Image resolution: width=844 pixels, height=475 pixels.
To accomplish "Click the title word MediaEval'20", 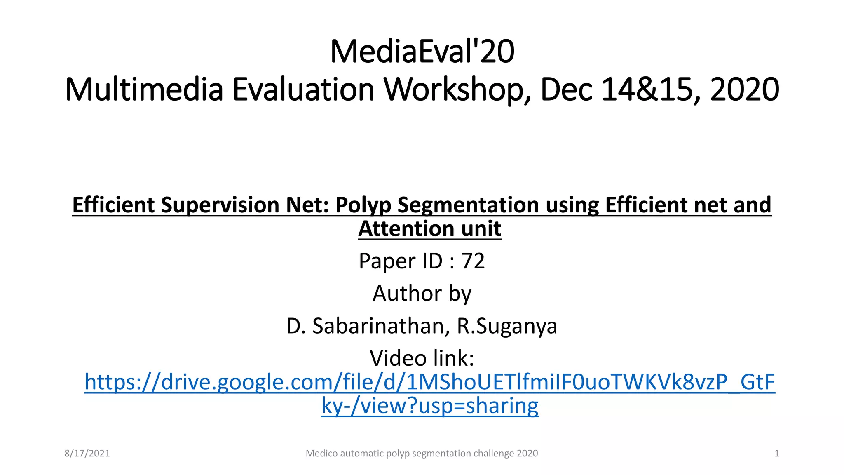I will (x=422, y=52).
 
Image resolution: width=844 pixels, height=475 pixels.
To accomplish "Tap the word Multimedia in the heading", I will (x=144, y=89).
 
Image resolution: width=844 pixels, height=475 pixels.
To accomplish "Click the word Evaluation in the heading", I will (x=303, y=89).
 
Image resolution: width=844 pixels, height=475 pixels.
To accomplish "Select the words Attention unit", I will (x=430, y=229).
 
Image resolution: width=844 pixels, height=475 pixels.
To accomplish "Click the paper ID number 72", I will (x=473, y=261).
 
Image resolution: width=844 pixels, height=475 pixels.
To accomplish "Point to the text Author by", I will (x=422, y=294).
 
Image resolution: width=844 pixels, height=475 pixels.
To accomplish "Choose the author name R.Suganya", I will (x=507, y=326).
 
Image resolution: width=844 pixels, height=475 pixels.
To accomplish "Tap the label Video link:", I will (x=422, y=358).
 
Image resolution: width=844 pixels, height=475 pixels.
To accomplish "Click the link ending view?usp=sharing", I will (x=430, y=406).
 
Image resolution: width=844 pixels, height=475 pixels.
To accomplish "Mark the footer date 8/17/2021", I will (x=87, y=454).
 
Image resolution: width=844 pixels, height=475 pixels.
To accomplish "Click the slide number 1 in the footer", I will (x=777, y=454).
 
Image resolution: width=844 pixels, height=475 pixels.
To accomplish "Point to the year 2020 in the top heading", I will (x=745, y=89).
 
